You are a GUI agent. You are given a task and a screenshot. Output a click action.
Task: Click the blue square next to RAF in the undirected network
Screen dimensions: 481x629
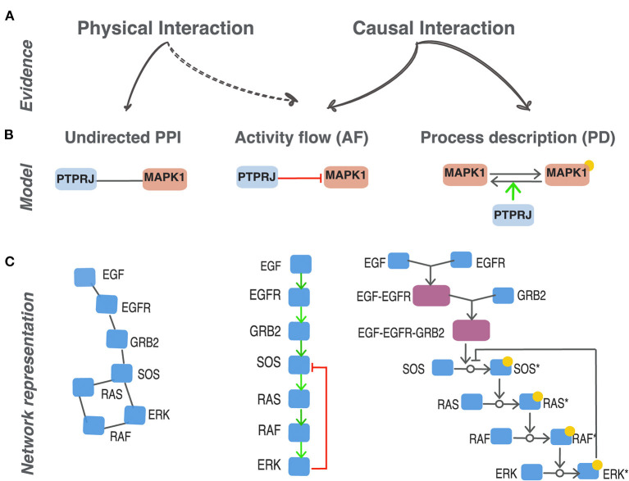(x=94, y=424)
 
